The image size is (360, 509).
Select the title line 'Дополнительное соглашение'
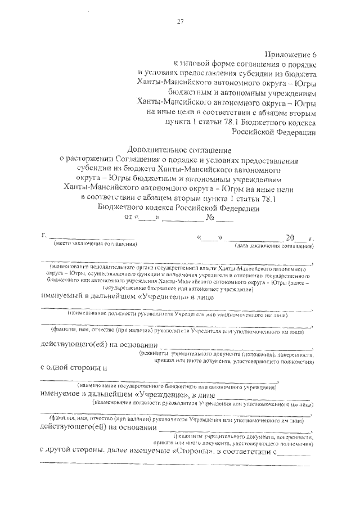coord(179,150)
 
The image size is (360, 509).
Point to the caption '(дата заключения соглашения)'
coord(274,246)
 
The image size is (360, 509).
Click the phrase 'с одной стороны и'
coord(75,367)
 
